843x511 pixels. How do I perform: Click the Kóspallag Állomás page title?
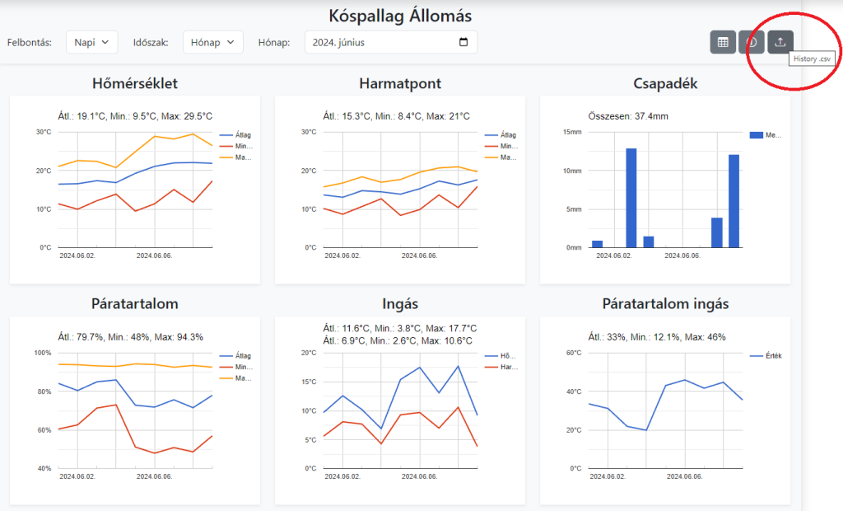pyautogui.click(x=400, y=16)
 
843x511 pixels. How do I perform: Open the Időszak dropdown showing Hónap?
pyautogui.click(x=212, y=42)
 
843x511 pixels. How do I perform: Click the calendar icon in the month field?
pyautogui.click(x=463, y=42)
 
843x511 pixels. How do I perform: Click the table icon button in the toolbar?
pyautogui.click(x=723, y=42)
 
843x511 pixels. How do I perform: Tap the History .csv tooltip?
pyautogui.click(x=812, y=59)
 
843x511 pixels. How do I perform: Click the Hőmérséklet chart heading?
pyautogui.click(x=135, y=83)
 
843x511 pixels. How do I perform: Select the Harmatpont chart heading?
pyautogui.click(x=400, y=83)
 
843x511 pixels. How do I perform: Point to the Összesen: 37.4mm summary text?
pyautogui.click(x=628, y=116)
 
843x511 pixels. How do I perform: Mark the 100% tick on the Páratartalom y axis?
pyautogui.click(x=41, y=353)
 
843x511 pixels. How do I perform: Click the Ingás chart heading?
pyautogui.click(x=400, y=304)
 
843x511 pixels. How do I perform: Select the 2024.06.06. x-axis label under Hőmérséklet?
pyautogui.click(x=154, y=255)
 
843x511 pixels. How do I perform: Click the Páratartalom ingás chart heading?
pyautogui.click(x=665, y=304)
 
